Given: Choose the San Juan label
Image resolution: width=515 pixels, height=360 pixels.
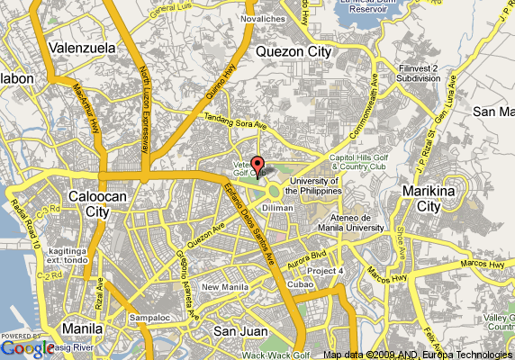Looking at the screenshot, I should tap(237, 330).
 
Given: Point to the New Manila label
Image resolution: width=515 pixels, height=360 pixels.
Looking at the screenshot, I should tap(224, 287).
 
